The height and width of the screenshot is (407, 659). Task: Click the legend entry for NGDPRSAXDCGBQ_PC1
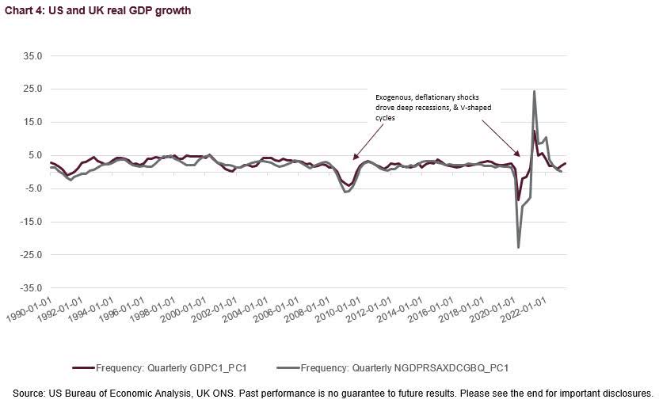[394, 367]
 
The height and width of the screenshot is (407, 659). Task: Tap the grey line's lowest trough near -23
[519, 248]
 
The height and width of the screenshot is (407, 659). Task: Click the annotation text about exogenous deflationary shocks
[427, 107]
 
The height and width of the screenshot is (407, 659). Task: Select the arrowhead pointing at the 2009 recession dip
[355, 158]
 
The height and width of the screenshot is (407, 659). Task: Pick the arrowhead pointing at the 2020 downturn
[518, 155]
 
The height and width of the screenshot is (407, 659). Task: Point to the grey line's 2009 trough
[345, 192]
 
